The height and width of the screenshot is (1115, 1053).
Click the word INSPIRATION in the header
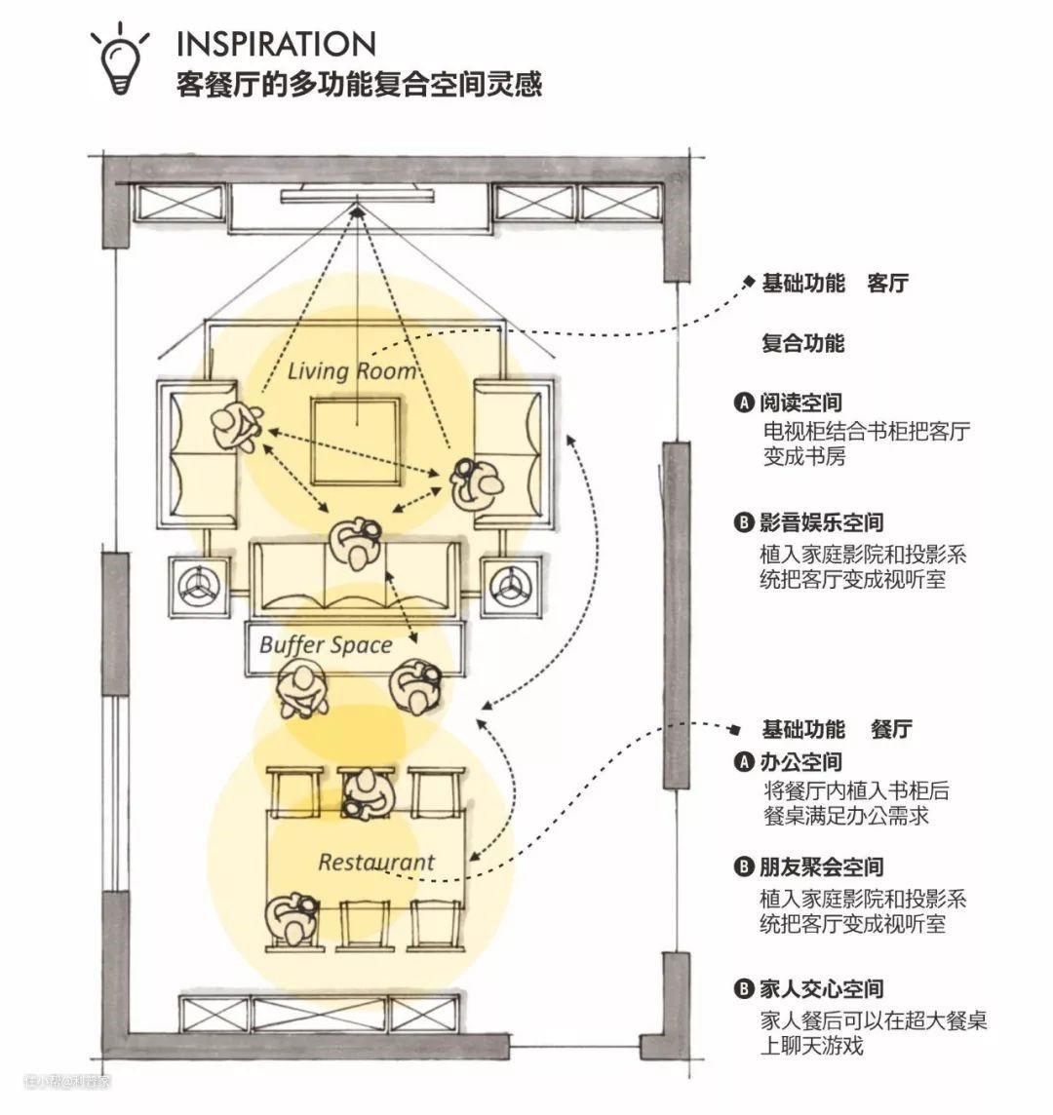tap(277, 44)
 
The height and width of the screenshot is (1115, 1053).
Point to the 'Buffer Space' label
tap(326, 644)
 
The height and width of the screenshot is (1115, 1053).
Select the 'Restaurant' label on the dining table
tap(376, 862)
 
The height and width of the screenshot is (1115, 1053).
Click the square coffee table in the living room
tap(357, 442)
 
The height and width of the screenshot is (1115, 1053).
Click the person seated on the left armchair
tap(235, 425)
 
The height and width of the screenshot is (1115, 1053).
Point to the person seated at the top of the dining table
tap(365, 793)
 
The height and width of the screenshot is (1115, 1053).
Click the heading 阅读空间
tap(800, 402)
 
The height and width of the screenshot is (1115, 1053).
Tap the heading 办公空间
tap(800, 761)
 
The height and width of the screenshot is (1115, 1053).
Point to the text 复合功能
tap(802, 343)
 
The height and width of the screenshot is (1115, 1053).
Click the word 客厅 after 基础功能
tap(887, 284)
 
